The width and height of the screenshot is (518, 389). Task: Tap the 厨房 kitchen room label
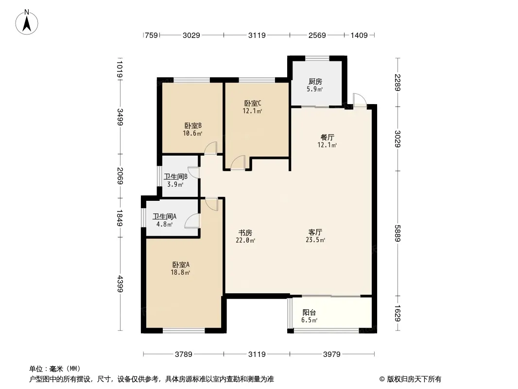click(315, 82)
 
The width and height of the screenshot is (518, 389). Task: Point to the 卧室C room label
click(253, 103)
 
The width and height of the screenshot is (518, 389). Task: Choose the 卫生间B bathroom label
click(175, 177)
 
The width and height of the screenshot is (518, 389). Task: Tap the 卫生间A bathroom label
click(164, 217)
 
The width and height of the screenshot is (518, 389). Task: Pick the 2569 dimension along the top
click(316, 35)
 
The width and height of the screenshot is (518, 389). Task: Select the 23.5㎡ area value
click(316, 240)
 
